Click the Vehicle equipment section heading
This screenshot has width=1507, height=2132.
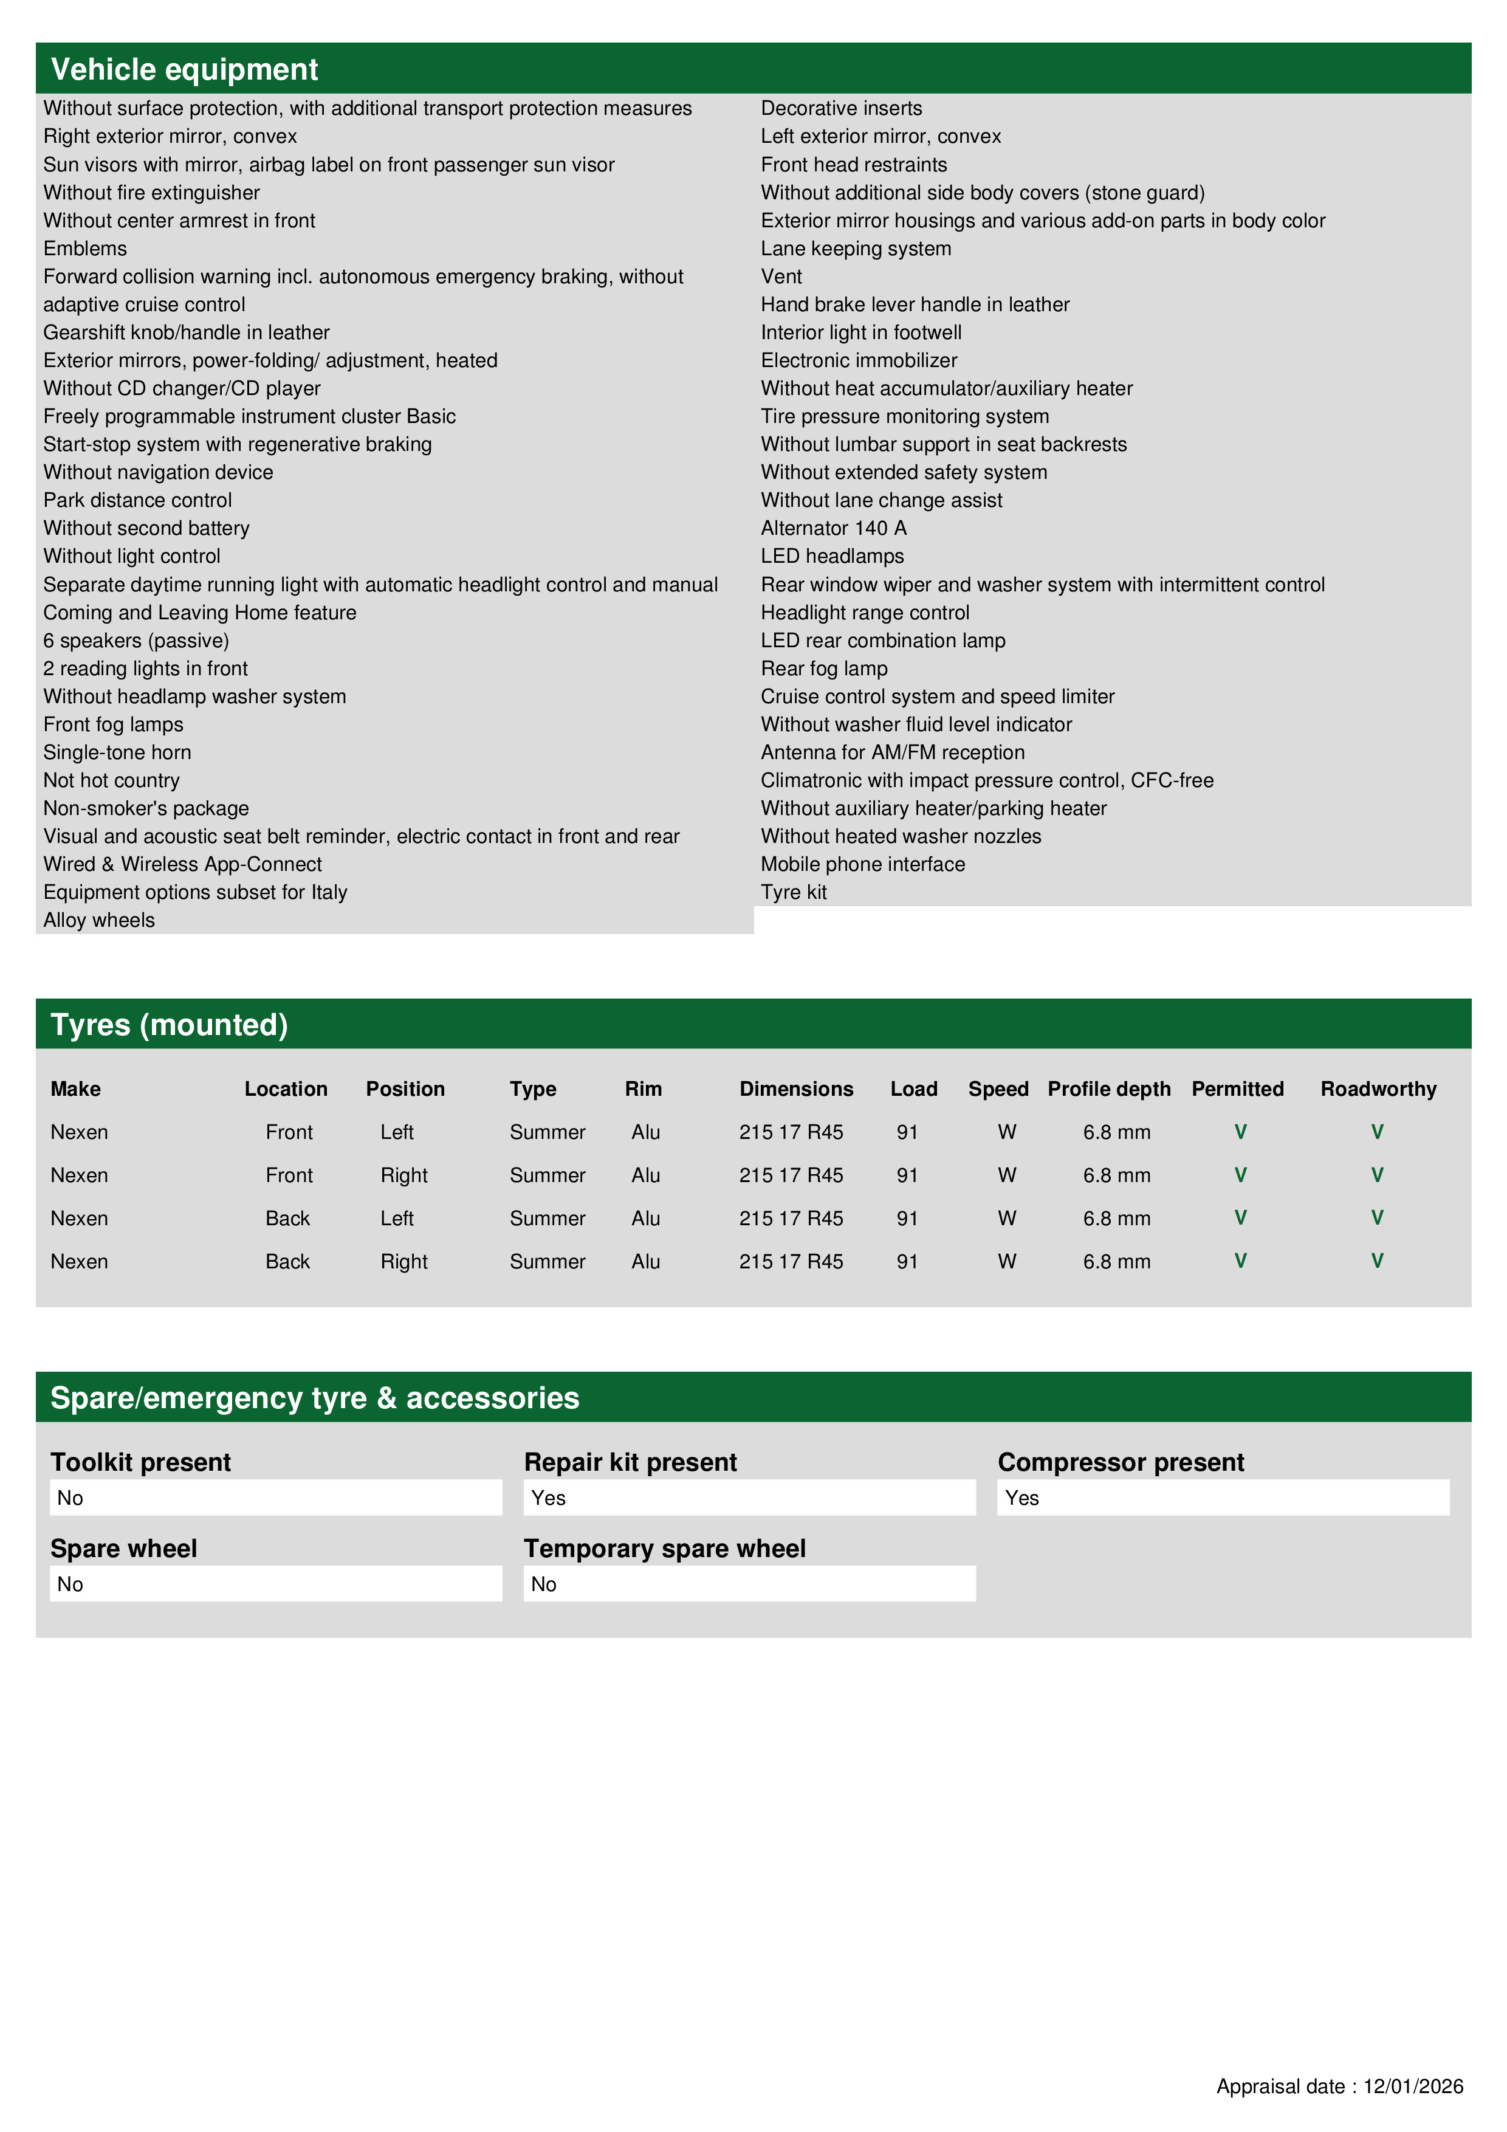184,70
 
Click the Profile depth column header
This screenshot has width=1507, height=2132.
1108,1088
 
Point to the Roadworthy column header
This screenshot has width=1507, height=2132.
1378,1088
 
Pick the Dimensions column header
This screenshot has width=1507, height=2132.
796,1088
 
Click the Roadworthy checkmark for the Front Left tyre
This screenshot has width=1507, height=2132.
1377,1131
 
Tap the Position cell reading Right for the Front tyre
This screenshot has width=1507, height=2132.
404,1175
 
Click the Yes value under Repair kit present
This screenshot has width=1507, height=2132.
549,1498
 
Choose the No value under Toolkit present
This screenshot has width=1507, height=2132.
70,1498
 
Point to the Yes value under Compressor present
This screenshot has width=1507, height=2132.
1021,1498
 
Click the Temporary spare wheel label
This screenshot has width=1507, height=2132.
664,1548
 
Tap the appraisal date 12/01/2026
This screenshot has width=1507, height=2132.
1412,2086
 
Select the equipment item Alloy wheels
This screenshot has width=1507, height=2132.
99,920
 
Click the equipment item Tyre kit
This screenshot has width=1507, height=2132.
794,892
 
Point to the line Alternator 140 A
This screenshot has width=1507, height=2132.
833,528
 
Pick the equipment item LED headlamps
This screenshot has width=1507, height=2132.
832,556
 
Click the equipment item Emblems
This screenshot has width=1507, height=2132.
86,249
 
